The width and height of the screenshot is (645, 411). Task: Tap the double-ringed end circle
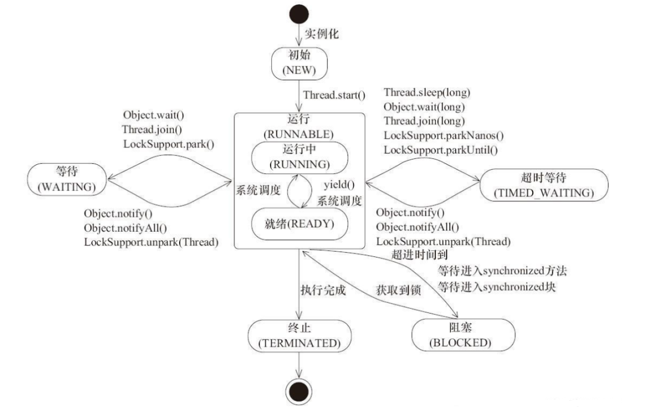[x=299, y=391]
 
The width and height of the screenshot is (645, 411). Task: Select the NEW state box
[x=299, y=63]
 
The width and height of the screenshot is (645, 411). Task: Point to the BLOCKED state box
[x=463, y=335]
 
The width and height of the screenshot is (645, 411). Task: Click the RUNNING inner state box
[x=299, y=157]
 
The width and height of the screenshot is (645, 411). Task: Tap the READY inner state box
[x=299, y=224]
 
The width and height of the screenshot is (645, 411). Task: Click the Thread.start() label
[x=334, y=95]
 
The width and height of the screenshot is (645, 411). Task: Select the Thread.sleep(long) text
[x=426, y=92]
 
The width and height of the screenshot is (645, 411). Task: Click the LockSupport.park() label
[x=169, y=143]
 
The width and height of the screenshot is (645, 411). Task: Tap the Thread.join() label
[x=152, y=129]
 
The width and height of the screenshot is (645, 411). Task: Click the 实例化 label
[x=321, y=33]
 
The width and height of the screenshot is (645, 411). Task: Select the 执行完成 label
[x=323, y=293]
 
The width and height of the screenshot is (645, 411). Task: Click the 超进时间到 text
[x=419, y=255]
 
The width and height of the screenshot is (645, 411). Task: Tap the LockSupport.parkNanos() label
[x=444, y=136]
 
